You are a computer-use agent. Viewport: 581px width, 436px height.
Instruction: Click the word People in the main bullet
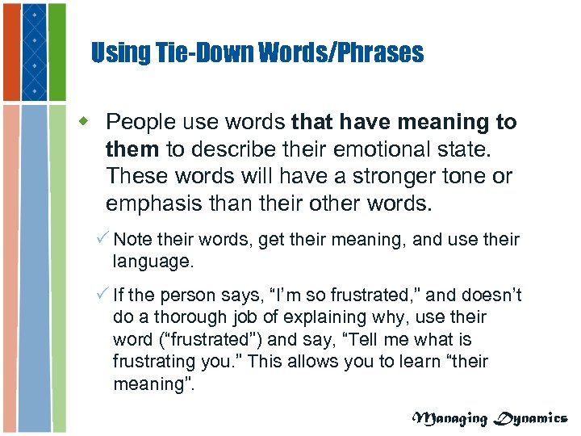pyautogui.click(x=142, y=122)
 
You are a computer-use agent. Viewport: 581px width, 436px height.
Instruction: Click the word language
pyautogui.click(x=153, y=261)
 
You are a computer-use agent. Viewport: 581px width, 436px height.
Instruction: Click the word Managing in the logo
pyautogui.click(x=450, y=417)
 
